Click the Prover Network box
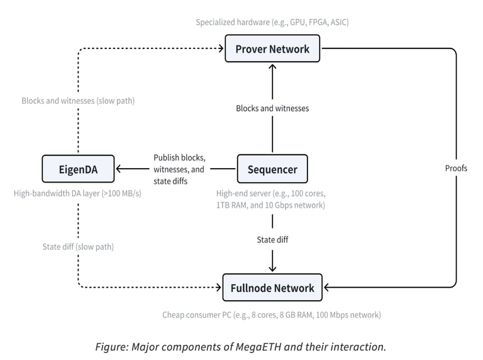(x=272, y=48)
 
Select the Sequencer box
(x=272, y=169)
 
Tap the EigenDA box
(x=78, y=169)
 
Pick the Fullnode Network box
(x=272, y=288)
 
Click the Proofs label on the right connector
(x=456, y=168)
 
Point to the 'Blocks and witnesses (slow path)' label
(x=78, y=101)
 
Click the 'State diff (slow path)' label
(x=78, y=247)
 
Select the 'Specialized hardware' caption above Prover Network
(x=272, y=22)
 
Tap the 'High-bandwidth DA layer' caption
(x=77, y=193)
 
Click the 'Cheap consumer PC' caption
(x=272, y=315)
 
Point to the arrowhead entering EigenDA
(x=119, y=169)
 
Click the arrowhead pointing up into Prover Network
(x=272, y=66)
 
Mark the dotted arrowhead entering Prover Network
(x=221, y=48)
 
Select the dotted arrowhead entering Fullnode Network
(x=219, y=288)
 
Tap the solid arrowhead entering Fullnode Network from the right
(x=326, y=288)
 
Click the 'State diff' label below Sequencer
(x=272, y=240)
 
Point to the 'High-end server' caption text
(x=271, y=199)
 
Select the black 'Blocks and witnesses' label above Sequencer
(x=272, y=108)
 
